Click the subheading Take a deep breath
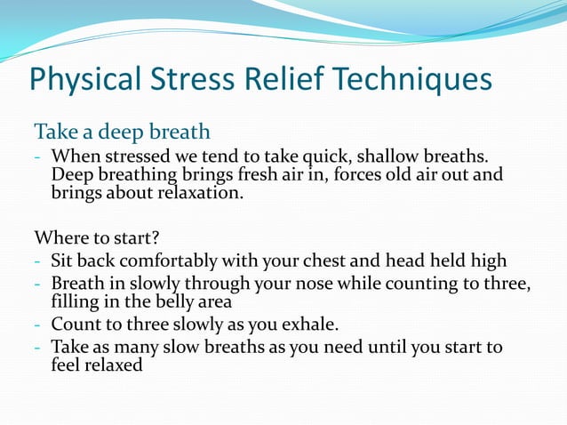point(122,132)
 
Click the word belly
point(148,301)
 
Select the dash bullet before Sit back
point(38,262)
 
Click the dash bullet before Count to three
point(38,325)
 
